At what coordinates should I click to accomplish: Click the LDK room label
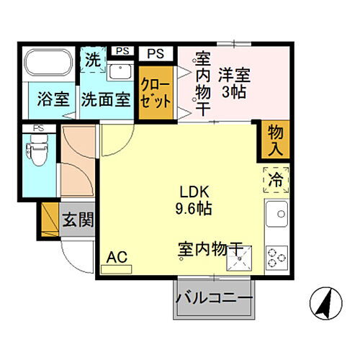click(194, 193)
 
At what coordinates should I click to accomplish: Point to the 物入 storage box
click(274, 138)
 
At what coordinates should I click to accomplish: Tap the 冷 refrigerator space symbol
click(276, 176)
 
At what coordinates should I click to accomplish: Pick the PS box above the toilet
click(32, 130)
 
